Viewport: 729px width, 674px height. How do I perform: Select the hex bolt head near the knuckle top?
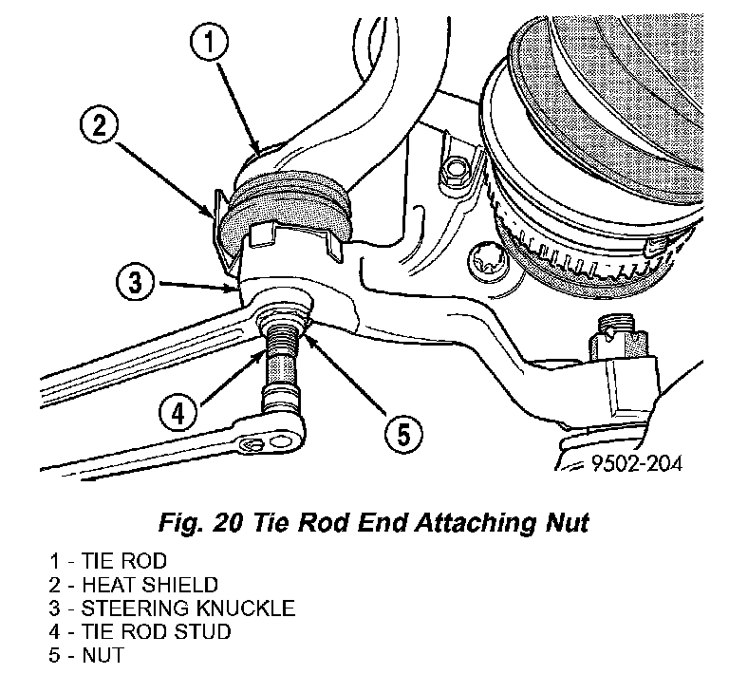pyautogui.click(x=456, y=171)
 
